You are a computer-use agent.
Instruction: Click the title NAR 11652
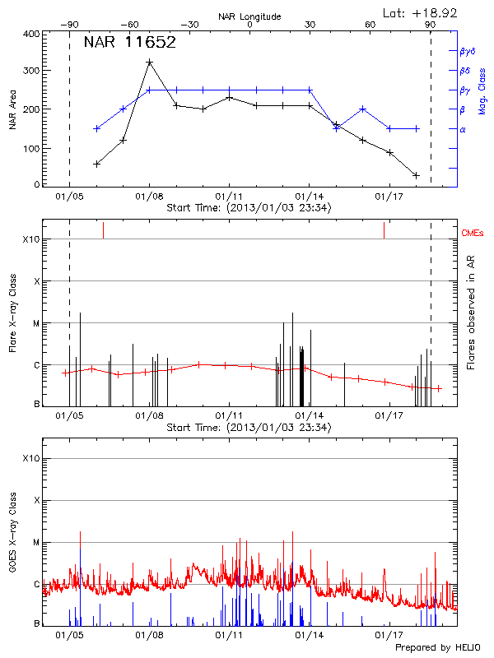(x=129, y=43)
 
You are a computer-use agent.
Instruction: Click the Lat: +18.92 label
(x=421, y=12)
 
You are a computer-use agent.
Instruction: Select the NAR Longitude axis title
(x=249, y=16)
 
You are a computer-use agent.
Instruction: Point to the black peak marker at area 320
(x=149, y=63)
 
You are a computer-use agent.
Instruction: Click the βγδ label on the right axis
(x=466, y=51)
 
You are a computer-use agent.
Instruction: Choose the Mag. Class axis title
(x=482, y=90)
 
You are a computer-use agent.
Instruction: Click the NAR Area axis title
(x=12, y=109)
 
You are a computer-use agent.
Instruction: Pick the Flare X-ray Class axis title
(x=12, y=313)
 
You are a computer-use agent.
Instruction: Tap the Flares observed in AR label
(x=470, y=312)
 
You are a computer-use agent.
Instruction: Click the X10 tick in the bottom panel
(x=31, y=458)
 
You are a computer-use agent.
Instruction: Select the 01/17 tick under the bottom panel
(x=388, y=635)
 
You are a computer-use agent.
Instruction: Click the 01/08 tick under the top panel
(x=149, y=197)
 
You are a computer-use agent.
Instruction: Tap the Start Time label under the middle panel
(x=249, y=428)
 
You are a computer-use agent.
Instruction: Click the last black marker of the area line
(x=417, y=175)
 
